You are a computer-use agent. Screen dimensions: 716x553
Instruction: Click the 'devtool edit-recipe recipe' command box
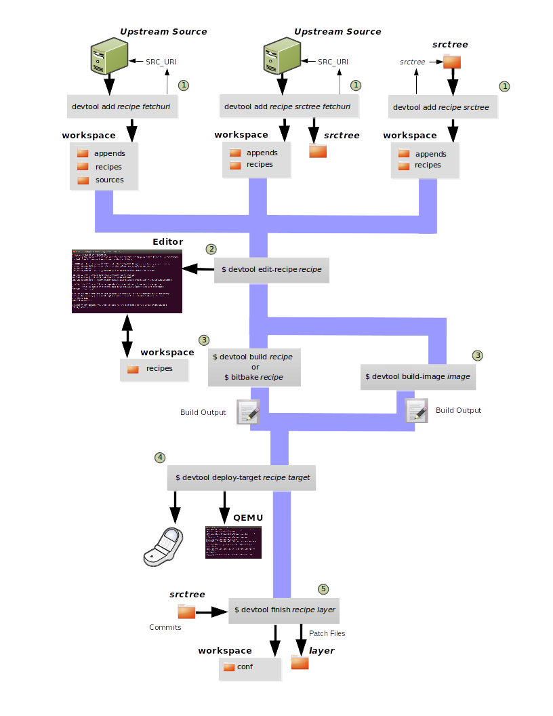tap(272, 270)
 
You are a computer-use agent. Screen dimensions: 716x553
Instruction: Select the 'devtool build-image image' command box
tap(417, 376)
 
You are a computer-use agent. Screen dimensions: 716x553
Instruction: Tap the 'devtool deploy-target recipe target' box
tap(243, 477)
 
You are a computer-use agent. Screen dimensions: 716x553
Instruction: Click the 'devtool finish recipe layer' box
tap(285, 610)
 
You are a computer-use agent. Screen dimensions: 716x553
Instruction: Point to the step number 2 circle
tap(211, 249)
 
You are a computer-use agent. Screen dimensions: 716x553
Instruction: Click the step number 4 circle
tap(160, 457)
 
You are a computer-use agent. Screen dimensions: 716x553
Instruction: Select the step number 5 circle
tap(323, 589)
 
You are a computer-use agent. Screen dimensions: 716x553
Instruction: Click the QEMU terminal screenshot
tap(233, 542)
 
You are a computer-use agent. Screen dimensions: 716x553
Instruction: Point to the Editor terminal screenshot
tap(127, 281)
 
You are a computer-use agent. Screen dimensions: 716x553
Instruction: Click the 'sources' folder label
tap(109, 180)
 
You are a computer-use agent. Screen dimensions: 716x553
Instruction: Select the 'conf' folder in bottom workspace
tap(245, 667)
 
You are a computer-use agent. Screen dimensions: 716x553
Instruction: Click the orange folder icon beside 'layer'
tap(300, 662)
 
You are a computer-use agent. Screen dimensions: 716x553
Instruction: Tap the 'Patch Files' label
tap(327, 633)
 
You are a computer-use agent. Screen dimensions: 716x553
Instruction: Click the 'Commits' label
tap(165, 627)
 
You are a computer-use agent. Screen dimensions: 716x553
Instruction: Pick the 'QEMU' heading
tap(248, 517)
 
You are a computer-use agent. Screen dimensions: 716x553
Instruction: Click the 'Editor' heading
tap(168, 241)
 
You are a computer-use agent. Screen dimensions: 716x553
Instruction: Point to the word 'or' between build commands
tap(255, 367)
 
